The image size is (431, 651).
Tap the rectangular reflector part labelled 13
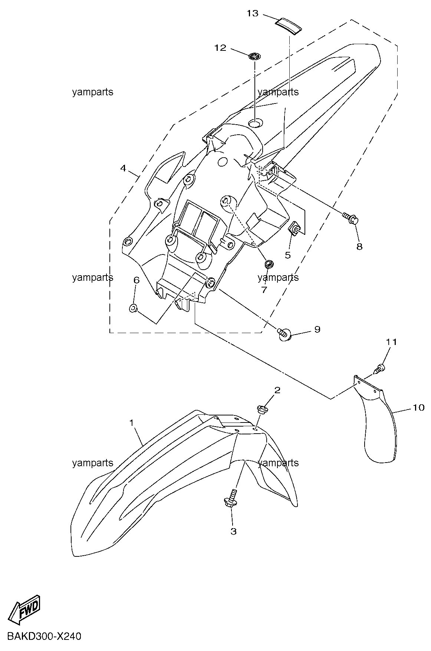[288, 26]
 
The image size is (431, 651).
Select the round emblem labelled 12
[254, 56]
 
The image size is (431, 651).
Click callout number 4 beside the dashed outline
[123, 168]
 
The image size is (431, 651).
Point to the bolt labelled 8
[351, 217]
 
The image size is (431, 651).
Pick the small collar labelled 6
[133, 308]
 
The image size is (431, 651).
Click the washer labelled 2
[263, 410]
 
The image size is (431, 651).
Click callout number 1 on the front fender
[132, 423]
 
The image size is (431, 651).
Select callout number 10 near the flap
[418, 408]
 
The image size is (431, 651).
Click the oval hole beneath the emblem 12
[255, 123]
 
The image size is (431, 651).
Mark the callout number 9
[317, 329]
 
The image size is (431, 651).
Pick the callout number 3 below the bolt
[233, 531]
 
